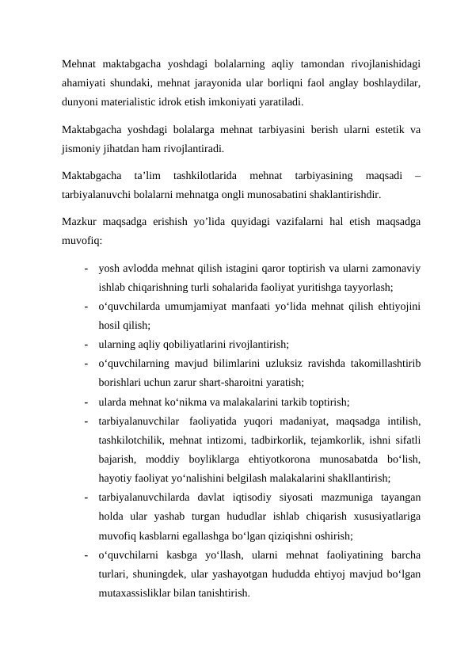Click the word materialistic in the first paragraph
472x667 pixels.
click(x=143, y=102)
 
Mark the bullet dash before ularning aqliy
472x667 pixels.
click(x=83, y=345)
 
